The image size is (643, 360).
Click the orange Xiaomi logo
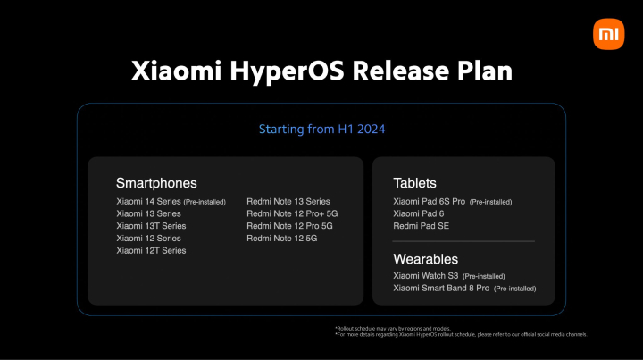[608, 34]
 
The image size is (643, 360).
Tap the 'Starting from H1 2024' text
[321, 130]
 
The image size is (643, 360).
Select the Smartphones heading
[156, 183]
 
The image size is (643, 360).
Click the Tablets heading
[414, 183]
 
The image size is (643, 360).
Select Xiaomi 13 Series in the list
[148, 214]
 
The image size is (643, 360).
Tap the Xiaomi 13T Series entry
[151, 226]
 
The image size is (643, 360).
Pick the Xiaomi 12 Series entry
[148, 239]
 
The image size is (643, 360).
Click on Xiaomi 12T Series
[151, 251]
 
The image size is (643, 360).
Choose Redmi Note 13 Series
[288, 202]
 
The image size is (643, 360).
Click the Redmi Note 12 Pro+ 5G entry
[292, 214]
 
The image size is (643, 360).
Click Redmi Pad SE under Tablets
[421, 226]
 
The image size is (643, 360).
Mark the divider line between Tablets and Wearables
[463, 241]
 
